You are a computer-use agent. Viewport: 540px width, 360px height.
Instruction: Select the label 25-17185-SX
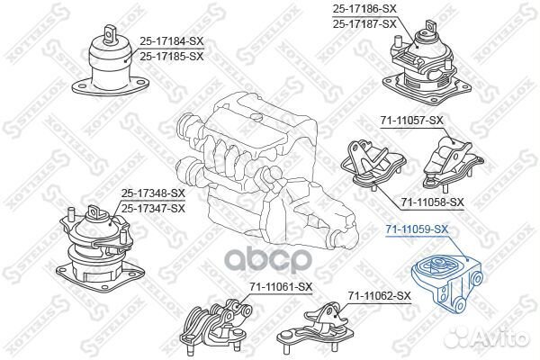click(x=172, y=55)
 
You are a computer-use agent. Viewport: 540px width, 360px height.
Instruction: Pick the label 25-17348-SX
click(x=153, y=193)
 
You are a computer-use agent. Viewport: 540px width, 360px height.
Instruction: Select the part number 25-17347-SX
click(x=153, y=208)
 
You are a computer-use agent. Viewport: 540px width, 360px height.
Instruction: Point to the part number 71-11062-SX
click(x=379, y=295)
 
